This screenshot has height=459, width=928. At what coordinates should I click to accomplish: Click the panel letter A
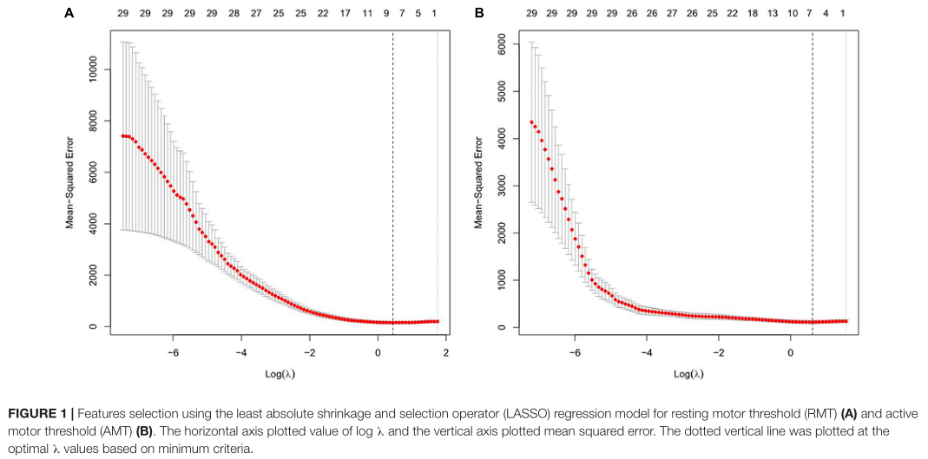(69, 14)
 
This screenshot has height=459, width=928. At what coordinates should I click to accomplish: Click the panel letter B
(479, 14)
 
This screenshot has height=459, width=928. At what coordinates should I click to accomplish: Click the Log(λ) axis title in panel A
(278, 374)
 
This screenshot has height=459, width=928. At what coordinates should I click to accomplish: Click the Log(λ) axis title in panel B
(688, 374)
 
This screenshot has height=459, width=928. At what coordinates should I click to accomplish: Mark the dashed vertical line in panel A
(393, 174)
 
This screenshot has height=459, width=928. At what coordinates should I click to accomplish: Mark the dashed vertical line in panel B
(813, 174)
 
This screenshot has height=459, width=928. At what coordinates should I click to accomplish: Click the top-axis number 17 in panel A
(346, 15)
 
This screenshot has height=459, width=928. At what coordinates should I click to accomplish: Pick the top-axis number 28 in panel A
(234, 15)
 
